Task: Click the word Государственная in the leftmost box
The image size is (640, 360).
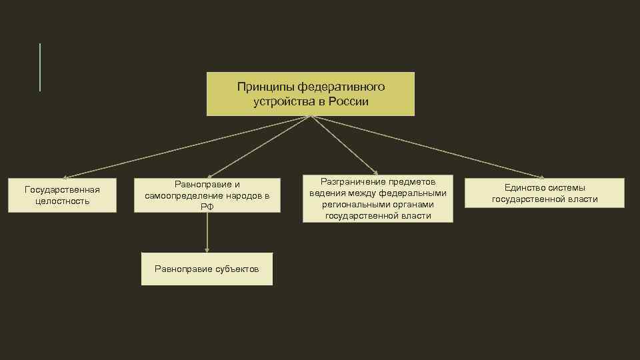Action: (x=62, y=190)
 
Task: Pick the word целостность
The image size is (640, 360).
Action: (x=62, y=201)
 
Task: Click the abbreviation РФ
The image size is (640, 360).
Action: (x=207, y=207)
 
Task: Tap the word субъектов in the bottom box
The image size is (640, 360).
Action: (x=237, y=269)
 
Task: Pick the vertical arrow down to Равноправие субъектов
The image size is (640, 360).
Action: (x=207, y=233)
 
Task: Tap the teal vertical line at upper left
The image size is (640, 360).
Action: (x=40, y=67)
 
